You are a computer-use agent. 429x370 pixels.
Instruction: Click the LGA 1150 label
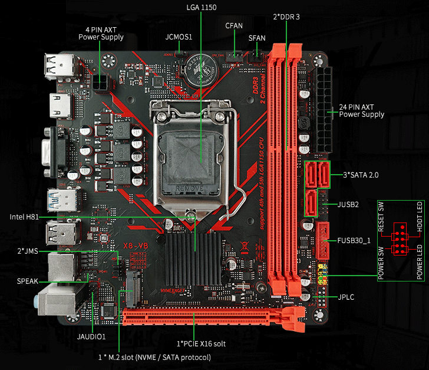(201, 6)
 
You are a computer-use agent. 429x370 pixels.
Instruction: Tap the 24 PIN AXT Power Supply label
(361, 110)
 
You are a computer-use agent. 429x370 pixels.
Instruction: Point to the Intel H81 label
(24, 217)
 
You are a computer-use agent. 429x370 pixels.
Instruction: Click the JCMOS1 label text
(179, 37)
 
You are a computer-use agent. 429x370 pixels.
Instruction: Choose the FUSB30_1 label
(354, 240)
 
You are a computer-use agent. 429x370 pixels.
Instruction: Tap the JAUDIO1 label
(91, 336)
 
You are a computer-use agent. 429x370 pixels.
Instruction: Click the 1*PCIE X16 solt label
(201, 343)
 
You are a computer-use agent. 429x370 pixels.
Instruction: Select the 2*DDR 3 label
(287, 17)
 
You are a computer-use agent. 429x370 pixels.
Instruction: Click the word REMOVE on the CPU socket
(190, 187)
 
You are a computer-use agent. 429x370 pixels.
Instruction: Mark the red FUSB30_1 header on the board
(323, 241)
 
